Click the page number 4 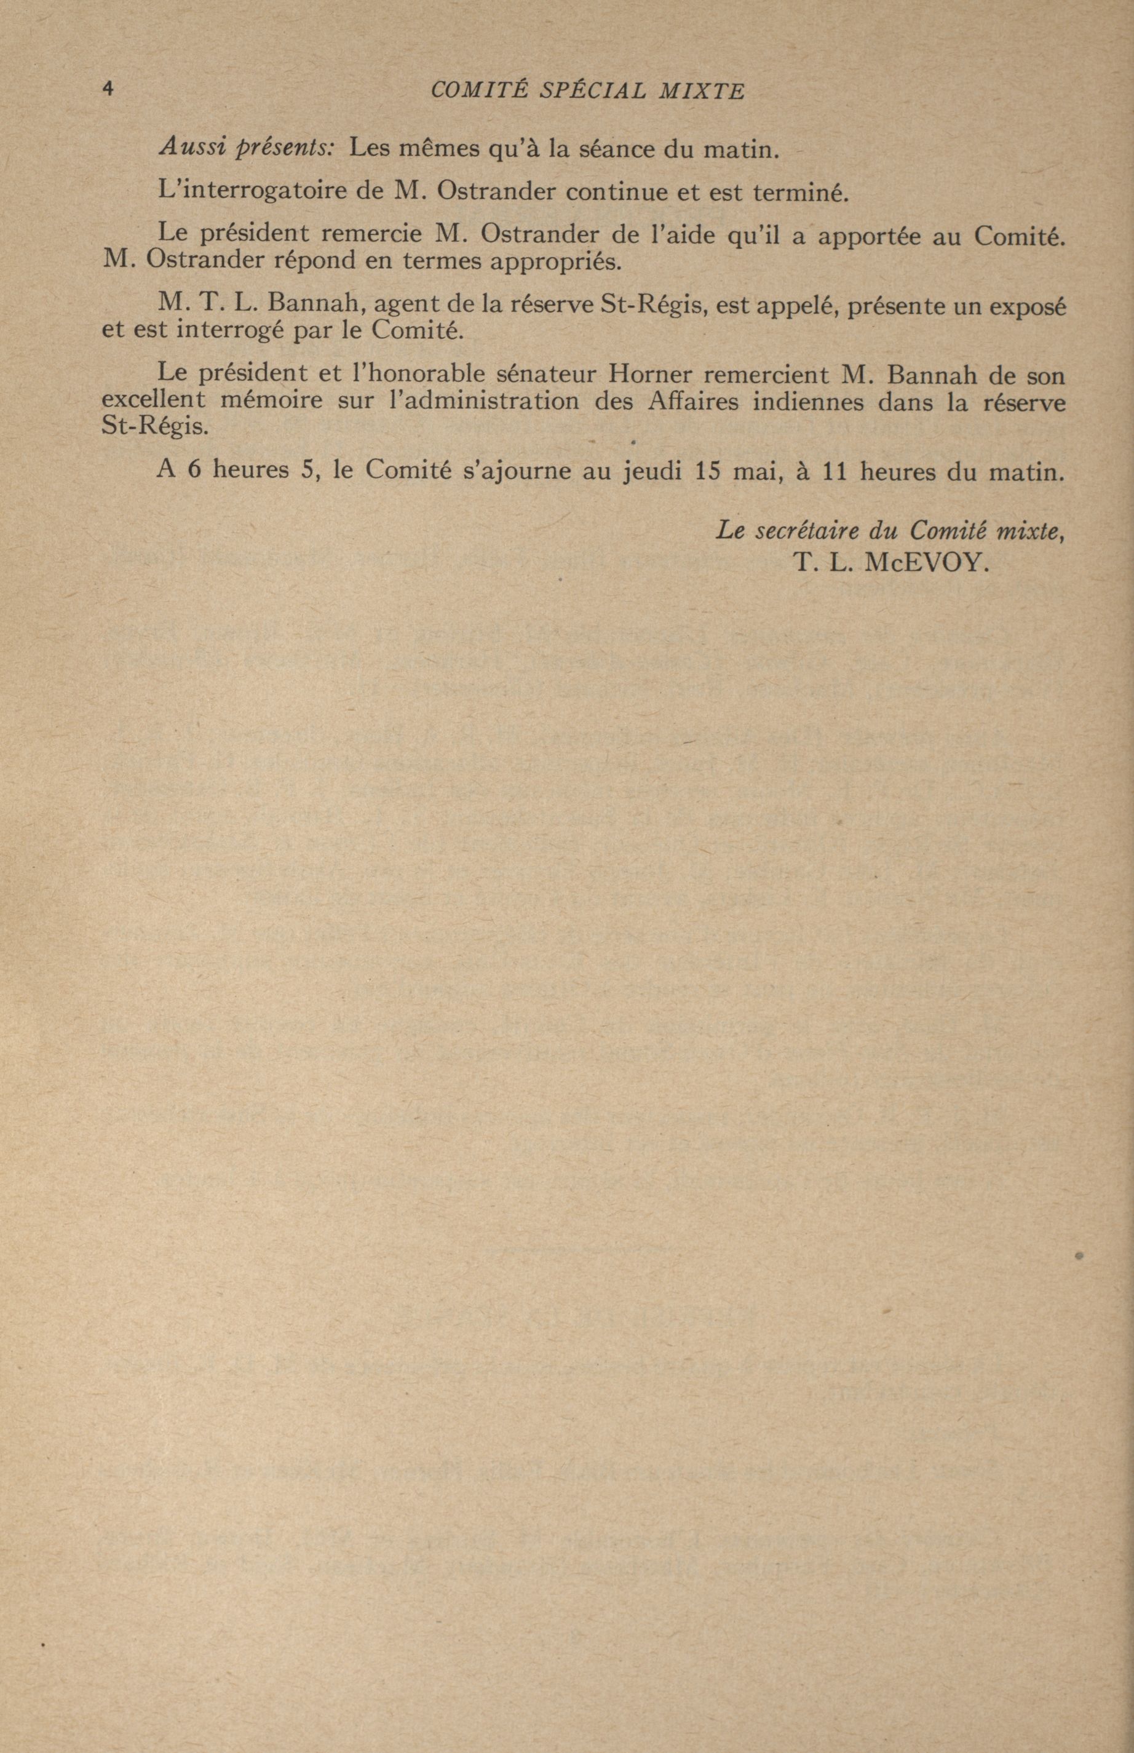coord(108,90)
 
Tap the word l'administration coord(483,403)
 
